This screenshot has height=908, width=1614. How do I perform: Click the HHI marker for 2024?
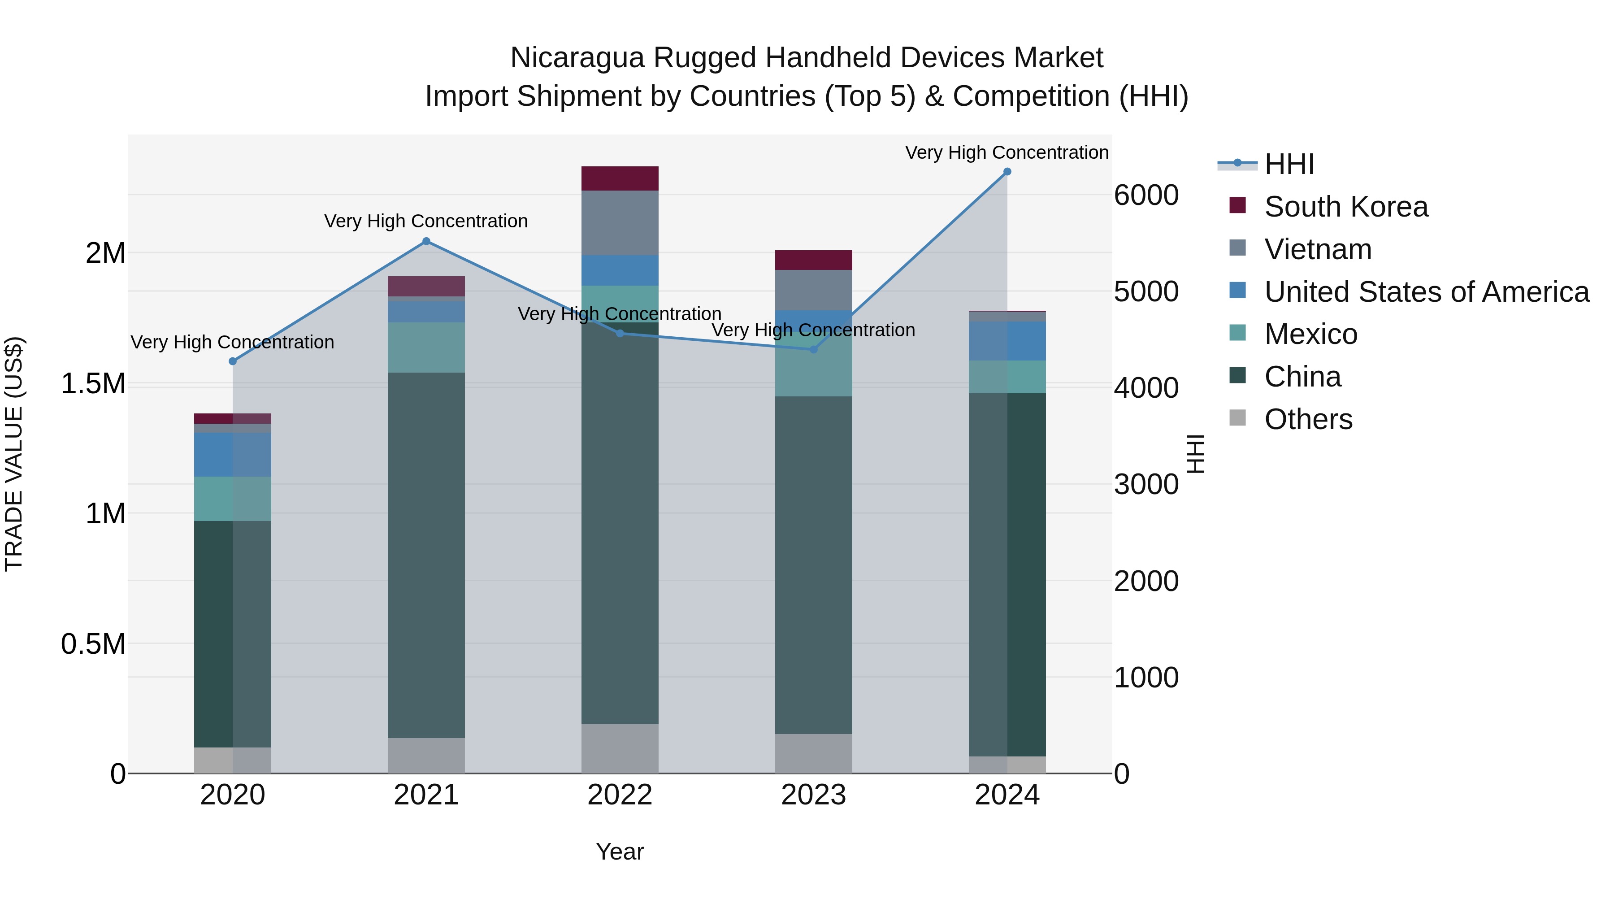click(x=1007, y=172)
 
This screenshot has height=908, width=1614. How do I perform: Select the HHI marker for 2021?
click(x=426, y=241)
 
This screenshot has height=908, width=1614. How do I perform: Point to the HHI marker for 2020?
click(x=232, y=361)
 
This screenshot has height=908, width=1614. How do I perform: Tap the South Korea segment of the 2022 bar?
click(x=620, y=178)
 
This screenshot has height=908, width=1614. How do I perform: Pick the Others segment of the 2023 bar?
click(x=813, y=753)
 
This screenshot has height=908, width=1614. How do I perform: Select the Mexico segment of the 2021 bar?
click(x=426, y=348)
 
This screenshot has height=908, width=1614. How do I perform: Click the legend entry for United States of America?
click(x=1426, y=292)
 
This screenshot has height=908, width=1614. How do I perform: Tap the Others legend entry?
click(x=1308, y=419)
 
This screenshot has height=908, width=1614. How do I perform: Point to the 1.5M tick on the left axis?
click(x=93, y=383)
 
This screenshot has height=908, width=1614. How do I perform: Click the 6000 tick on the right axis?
click(x=1146, y=195)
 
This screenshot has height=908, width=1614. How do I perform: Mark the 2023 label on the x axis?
click(x=813, y=795)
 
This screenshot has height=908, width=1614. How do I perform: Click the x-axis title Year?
click(x=620, y=852)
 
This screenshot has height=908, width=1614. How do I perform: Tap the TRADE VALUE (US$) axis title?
click(x=14, y=454)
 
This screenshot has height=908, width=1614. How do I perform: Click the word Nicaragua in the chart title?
click(x=577, y=58)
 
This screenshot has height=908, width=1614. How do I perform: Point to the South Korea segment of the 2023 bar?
click(x=813, y=260)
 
